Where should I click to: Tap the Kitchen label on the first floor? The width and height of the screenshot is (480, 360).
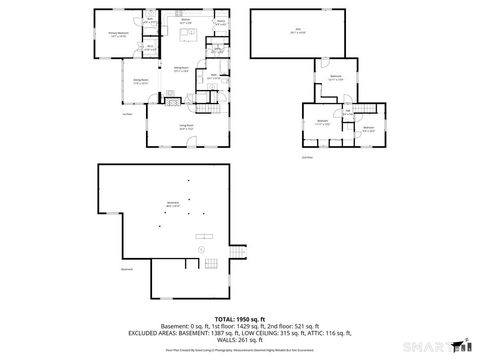[x=186, y=19]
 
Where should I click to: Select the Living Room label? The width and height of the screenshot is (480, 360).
[x=185, y=127]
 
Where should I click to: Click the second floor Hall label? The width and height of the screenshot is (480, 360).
[x=347, y=112]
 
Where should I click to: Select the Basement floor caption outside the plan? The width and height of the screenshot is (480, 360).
[x=126, y=269]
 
